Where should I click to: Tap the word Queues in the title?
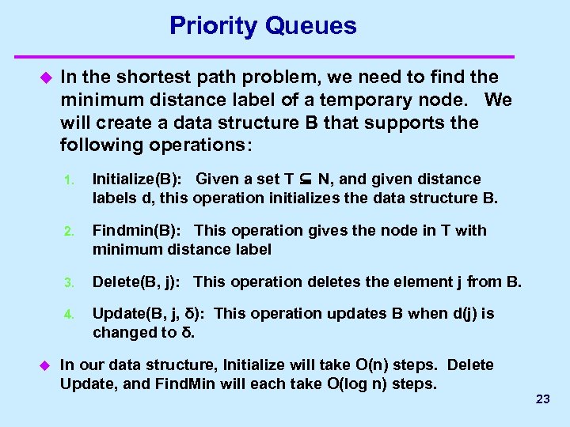coord(311,26)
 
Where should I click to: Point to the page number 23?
coord(542,399)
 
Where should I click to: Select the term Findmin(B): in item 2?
coord(139,230)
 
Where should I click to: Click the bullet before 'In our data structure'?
coord(44,365)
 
